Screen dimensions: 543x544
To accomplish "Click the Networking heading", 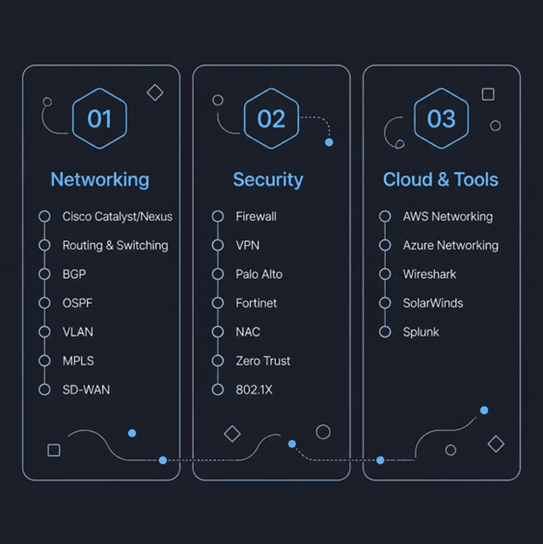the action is coord(100,179).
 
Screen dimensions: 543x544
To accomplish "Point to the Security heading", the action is coord(268,179).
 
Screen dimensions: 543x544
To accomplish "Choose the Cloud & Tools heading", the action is coord(441,179).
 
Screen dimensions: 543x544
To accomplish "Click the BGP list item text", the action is coord(74,274).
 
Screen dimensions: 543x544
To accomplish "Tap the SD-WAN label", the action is coord(86,390).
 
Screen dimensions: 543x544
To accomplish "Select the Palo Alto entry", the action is coord(259,274).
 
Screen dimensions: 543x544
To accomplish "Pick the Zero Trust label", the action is coord(263,361).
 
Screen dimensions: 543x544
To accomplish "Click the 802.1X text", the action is coord(254,390).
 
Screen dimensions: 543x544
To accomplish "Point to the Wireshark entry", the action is coord(429,274).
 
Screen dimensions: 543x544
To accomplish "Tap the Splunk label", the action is coord(421,332).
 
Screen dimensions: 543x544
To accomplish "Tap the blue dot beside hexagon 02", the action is coord(329,142).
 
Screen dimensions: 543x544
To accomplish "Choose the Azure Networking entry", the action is coord(450,245).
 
